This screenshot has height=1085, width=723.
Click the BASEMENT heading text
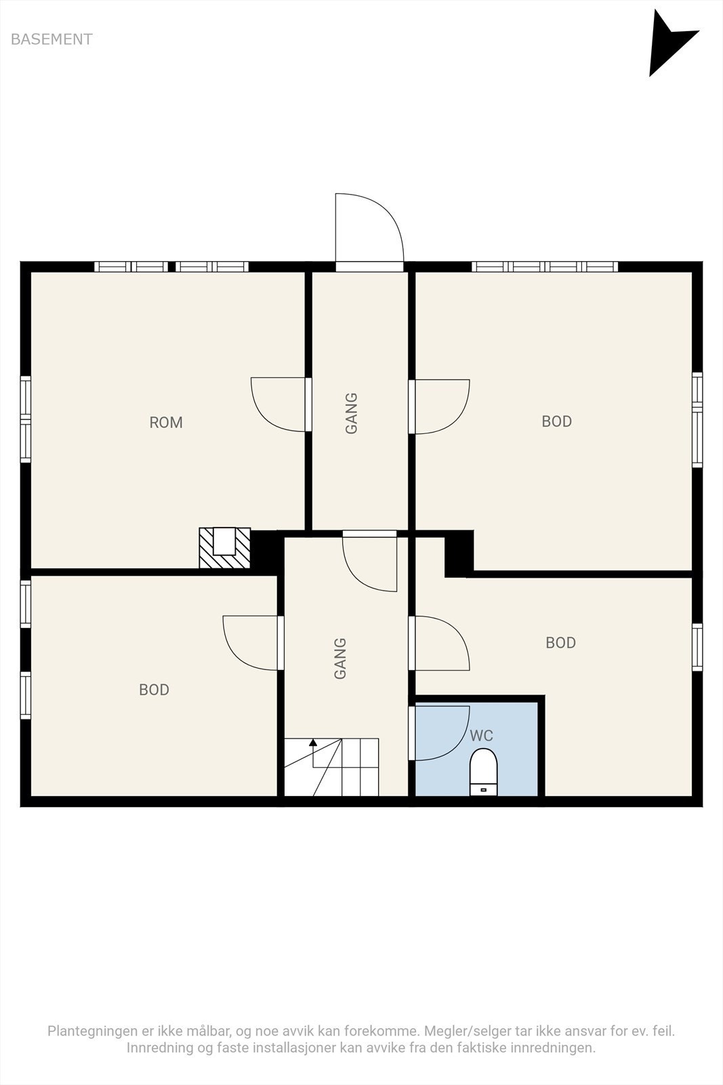pyautogui.click(x=51, y=39)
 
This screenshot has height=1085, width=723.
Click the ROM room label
pyautogui.click(x=166, y=422)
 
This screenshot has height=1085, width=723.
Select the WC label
pyautogui.click(x=481, y=735)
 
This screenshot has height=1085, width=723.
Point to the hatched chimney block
pyautogui.click(x=224, y=548)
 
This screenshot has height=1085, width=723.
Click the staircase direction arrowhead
pyautogui.click(x=313, y=742)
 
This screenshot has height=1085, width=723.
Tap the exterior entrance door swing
pyautogui.click(x=369, y=228)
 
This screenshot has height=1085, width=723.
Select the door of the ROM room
pyautogui.click(x=278, y=404)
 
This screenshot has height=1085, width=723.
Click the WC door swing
pyautogui.click(x=442, y=733)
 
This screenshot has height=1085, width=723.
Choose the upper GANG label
pyautogui.click(x=352, y=413)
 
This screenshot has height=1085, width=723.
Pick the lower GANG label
pyautogui.click(x=340, y=658)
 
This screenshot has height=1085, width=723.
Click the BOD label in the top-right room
pyautogui.click(x=556, y=421)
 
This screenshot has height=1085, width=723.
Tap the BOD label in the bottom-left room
pyautogui.click(x=154, y=690)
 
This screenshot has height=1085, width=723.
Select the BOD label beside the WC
pyautogui.click(x=560, y=643)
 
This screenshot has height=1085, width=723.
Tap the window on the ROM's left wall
pyautogui.click(x=26, y=419)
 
